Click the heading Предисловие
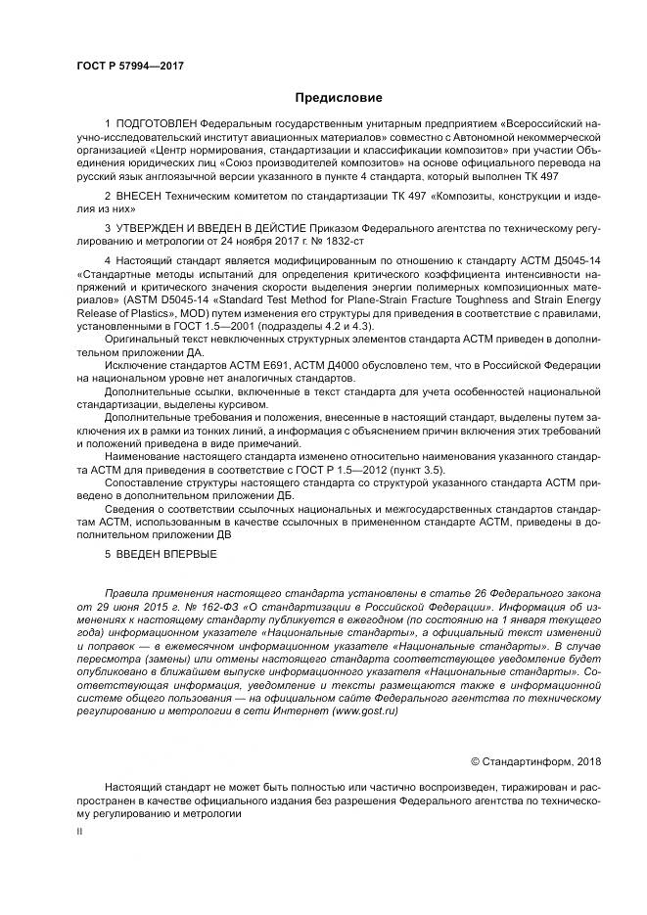pos(339,98)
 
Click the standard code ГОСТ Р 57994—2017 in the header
pos(130,66)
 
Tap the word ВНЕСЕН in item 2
pos(138,197)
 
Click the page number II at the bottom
pos(81,830)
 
